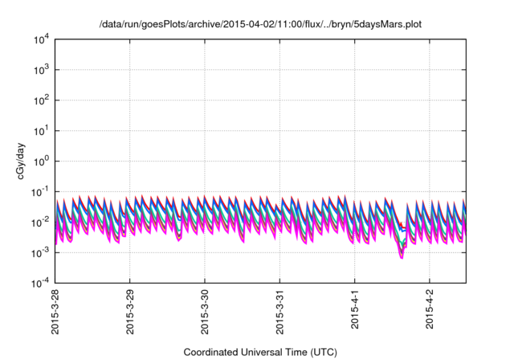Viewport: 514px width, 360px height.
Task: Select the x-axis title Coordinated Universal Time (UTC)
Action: click(260, 352)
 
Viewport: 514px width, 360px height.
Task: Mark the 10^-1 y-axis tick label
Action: click(41, 192)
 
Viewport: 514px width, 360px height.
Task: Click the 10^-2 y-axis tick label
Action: click(41, 222)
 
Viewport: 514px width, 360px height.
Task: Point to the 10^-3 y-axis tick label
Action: click(41, 252)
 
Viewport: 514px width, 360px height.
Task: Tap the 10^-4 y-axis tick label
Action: click(41, 283)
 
